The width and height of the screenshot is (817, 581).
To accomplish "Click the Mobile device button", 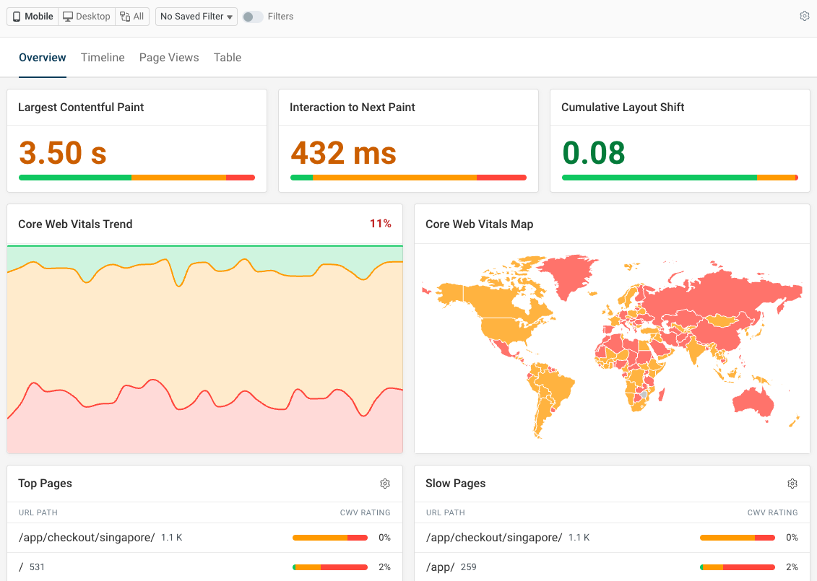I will click(x=33, y=17).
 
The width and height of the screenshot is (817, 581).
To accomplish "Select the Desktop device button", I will click(x=87, y=17).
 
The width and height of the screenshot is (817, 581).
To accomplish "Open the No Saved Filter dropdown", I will click(x=196, y=17).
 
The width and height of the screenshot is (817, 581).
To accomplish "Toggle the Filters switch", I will click(x=252, y=17).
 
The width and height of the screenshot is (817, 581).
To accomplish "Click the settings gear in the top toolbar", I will click(x=804, y=16).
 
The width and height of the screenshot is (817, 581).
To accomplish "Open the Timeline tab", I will click(x=103, y=58).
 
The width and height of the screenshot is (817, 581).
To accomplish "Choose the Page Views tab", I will click(x=169, y=58).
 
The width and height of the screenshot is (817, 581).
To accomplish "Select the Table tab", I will click(x=228, y=58).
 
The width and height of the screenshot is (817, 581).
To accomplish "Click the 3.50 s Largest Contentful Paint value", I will click(x=63, y=153).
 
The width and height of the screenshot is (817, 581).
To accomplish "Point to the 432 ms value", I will click(x=343, y=153).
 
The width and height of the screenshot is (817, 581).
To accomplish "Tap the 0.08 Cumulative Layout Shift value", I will click(x=593, y=153).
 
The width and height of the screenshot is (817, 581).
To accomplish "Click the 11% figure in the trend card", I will click(x=381, y=224).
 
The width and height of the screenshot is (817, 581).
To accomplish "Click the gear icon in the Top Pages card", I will click(x=385, y=484).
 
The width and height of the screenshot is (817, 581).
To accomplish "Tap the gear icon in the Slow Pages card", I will click(x=792, y=484).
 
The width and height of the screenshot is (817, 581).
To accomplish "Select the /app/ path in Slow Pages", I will click(x=440, y=567).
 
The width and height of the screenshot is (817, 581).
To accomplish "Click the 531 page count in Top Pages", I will click(x=37, y=567).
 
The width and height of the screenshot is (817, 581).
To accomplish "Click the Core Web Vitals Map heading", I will click(x=479, y=224).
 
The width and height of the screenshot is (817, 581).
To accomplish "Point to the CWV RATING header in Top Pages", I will click(x=365, y=512).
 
